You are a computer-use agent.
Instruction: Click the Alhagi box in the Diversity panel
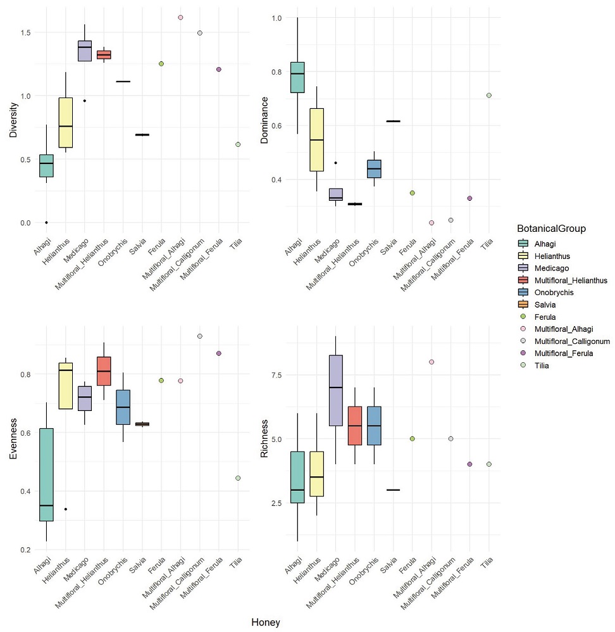point(46,166)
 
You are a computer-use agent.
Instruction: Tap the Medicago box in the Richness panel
point(335,391)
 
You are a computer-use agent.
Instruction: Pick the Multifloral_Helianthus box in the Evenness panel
point(104,370)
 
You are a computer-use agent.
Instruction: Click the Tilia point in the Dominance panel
point(489,96)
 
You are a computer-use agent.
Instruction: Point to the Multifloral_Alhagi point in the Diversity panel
point(180,18)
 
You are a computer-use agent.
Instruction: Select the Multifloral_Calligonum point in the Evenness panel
point(199,336)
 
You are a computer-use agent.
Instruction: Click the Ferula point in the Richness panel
point(412,438)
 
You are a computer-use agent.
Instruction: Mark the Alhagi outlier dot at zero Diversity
point(46,222)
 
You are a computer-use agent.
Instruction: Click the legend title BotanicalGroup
point(550,229)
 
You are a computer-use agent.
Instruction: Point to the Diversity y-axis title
point(13,121)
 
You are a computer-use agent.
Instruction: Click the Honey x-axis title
point(266,623)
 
